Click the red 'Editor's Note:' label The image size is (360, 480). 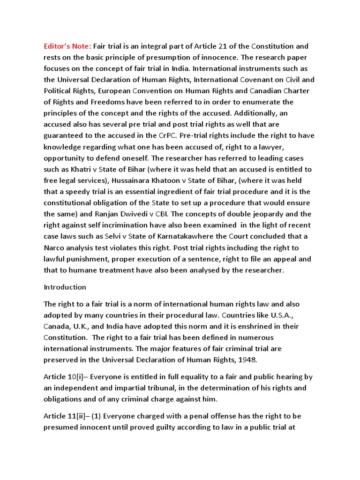tap(67, 46)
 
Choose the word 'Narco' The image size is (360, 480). tap(54, 247)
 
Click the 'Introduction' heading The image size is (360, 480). tap(65, 287)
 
